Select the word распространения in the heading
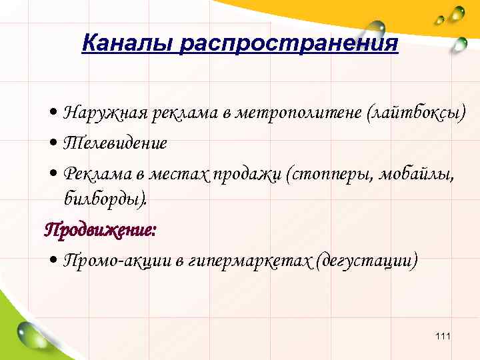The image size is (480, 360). click(x=289, y=45)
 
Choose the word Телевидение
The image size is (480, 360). click(x=115, y=143)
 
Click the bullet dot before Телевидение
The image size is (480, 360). click(x=54, y=144)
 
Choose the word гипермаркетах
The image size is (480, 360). click(x=250, y=259)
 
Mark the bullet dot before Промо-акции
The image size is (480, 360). click(x=54, y=261)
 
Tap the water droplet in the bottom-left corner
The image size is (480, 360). click(x=32, y=333)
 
